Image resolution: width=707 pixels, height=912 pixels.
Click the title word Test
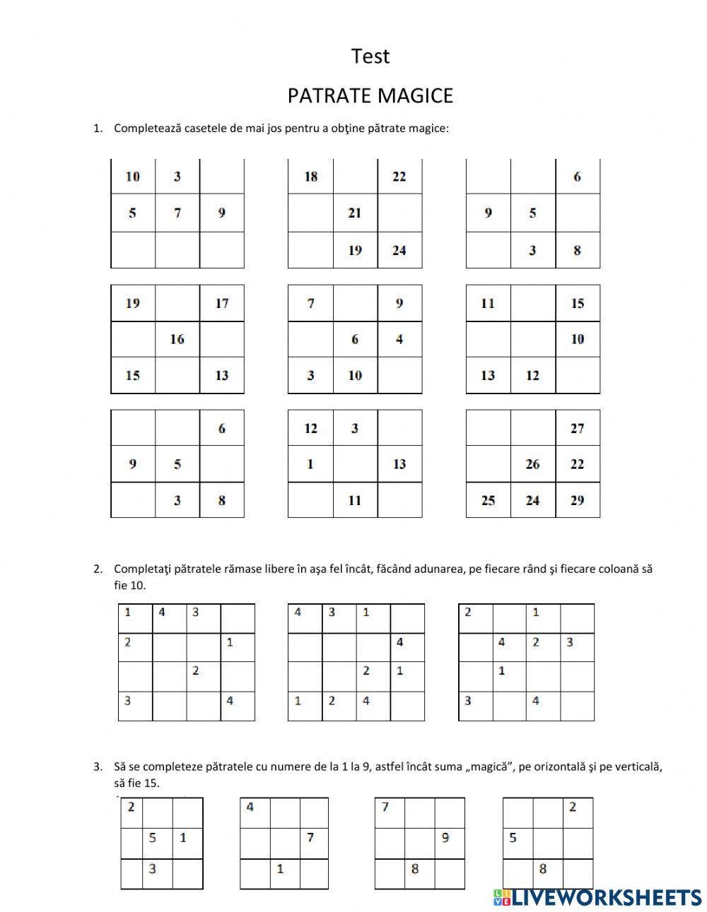coord(370,57)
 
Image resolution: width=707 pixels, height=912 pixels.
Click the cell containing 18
coord(310,177)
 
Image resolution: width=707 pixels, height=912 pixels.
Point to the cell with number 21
coord(355,213)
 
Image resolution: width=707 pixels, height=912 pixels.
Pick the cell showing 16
coord(177,339)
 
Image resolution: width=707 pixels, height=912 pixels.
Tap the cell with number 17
coord(222,303)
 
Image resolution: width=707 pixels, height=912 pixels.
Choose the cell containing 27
coord(577,428)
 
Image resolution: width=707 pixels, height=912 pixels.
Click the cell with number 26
coord(532,464)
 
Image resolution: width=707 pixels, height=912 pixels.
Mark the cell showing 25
coord(488,500)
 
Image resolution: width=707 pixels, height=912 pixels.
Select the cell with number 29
coord(577,500)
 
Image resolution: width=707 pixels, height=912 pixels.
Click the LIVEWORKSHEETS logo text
coord(606,897)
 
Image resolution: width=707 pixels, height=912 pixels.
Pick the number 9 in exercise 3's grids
coord(445,838)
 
